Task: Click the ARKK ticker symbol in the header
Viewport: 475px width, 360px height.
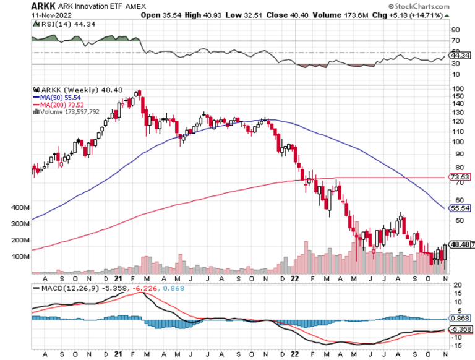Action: point(41,6)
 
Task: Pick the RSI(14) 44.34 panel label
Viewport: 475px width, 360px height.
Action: point(59,24)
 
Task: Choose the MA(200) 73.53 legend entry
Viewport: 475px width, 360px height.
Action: point(61,105)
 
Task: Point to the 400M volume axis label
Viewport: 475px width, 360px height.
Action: point(20,208)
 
